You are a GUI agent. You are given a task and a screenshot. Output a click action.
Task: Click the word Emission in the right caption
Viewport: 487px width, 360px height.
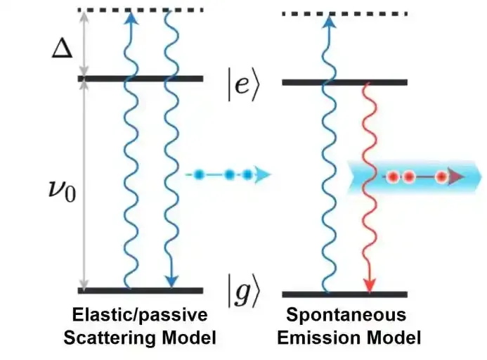316,338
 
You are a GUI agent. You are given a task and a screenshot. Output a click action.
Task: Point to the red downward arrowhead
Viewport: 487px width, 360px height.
370,283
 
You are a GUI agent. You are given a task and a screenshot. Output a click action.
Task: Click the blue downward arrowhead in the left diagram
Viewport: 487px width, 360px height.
169,281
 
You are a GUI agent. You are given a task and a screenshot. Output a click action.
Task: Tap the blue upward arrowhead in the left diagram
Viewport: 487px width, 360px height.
129,19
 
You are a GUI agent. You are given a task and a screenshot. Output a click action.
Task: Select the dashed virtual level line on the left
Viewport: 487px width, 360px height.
141,10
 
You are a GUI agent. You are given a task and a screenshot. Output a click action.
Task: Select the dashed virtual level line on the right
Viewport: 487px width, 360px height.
344,13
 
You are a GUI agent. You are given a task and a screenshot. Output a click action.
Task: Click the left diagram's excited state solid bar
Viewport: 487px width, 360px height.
141,78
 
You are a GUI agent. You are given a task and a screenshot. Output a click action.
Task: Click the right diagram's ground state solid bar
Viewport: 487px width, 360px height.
344,294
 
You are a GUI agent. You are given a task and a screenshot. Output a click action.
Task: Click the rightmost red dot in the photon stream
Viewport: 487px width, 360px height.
441,176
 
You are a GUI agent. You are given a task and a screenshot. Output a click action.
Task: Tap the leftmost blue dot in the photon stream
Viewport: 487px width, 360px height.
199,174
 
